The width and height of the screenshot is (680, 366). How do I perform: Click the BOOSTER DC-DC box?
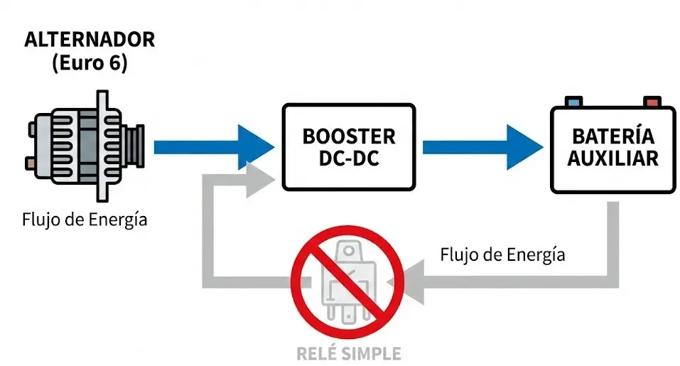click(348, 147)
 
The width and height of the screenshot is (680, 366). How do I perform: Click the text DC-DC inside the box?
click(348, 158)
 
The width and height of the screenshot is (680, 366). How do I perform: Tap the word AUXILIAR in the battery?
click(613, 158)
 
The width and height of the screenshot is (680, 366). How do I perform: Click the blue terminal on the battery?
click(573, 102)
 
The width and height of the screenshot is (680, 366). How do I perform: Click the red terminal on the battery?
click(651, 102)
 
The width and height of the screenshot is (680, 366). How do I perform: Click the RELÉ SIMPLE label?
click(347, 353)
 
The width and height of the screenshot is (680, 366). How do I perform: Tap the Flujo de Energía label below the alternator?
click(84, 220)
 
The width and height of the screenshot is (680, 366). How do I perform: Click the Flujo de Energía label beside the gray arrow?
click(502, 254)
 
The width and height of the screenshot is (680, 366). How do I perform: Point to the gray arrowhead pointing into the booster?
click(260, 176)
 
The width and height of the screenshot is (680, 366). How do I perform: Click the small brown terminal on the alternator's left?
click(30, 163)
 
